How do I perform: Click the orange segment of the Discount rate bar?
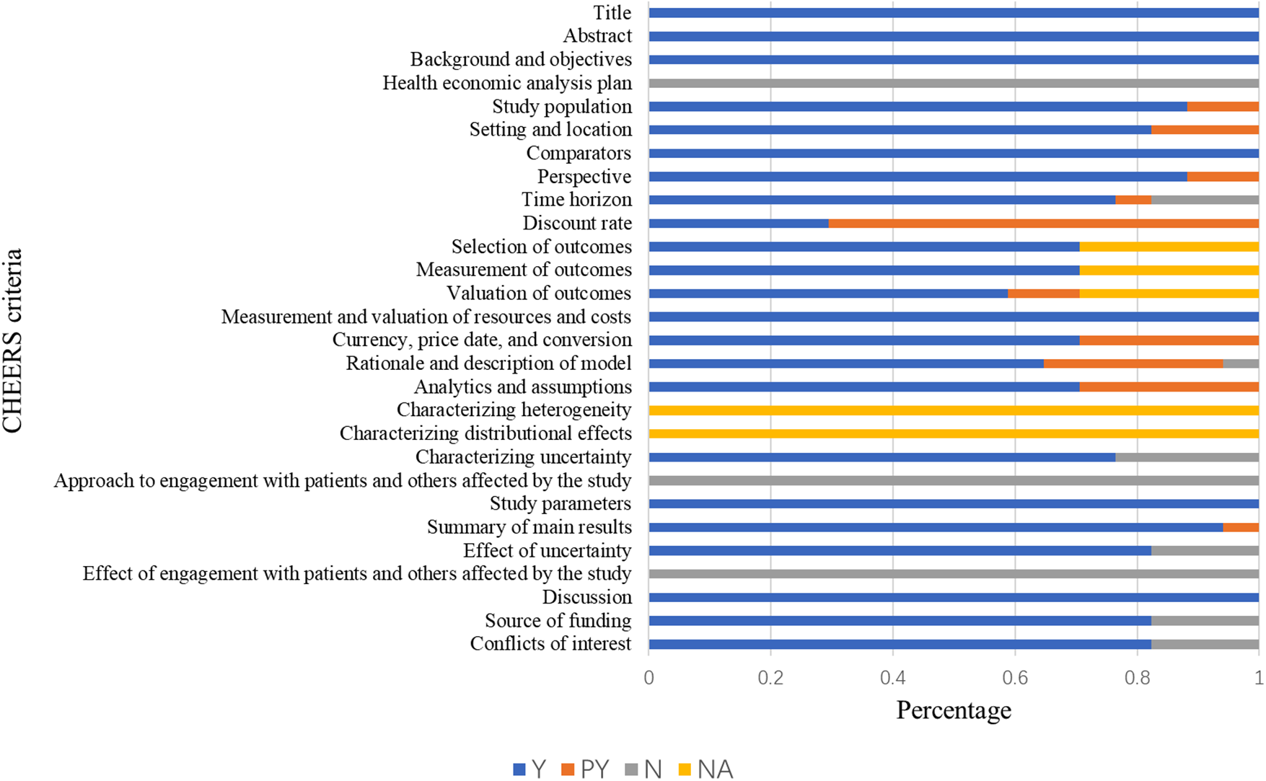point(1043,224)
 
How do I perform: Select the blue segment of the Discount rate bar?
point(738,224)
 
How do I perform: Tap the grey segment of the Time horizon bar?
point(1205,200)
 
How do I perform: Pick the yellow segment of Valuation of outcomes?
point(1169,294)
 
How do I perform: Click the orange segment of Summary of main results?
point(1241,527)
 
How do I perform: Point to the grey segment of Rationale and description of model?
point(1241,363)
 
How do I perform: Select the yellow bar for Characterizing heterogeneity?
point(954,410)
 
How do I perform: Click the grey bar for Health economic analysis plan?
point(954,84)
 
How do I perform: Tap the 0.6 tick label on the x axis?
point(1015,678)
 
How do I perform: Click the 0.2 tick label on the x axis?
point(770,678)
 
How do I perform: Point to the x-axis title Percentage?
point(954,710)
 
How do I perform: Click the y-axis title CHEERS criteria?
point(13,340)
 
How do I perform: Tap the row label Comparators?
point(579,154)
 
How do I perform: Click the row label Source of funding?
point(558,621)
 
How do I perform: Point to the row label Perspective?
point(584,177)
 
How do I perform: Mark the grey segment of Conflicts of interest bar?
point(1205,644)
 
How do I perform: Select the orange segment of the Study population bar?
point(1223,107)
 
